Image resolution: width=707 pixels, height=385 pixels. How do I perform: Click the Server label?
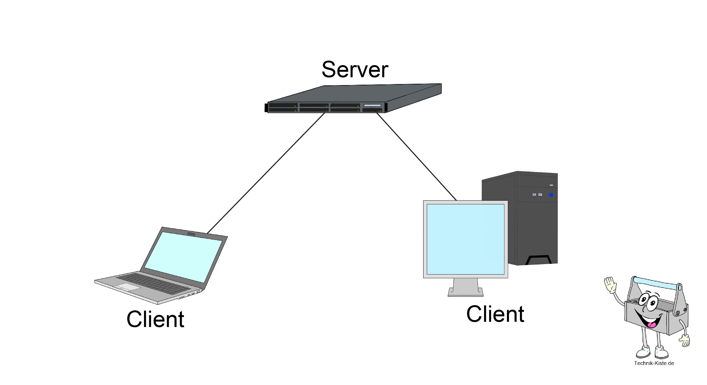(355, 70)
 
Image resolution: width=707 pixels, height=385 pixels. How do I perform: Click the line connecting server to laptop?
(266, 173)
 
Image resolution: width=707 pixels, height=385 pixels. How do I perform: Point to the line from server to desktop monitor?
(416, 156)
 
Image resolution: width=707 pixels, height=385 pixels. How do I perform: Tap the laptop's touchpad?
(127, 287)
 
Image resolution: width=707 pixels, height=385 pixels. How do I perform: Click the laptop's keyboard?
(154, 283)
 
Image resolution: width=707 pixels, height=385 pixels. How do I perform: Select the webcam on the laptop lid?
(191, 234)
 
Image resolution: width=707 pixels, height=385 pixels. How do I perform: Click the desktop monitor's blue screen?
(465, 239)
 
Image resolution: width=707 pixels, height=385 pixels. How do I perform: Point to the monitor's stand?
(465, 288)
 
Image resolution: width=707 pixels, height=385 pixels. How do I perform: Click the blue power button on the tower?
(551, 195)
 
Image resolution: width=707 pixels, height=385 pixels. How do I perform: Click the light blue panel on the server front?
(372, 105)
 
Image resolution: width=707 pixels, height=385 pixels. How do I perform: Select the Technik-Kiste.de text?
(654, 363)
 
